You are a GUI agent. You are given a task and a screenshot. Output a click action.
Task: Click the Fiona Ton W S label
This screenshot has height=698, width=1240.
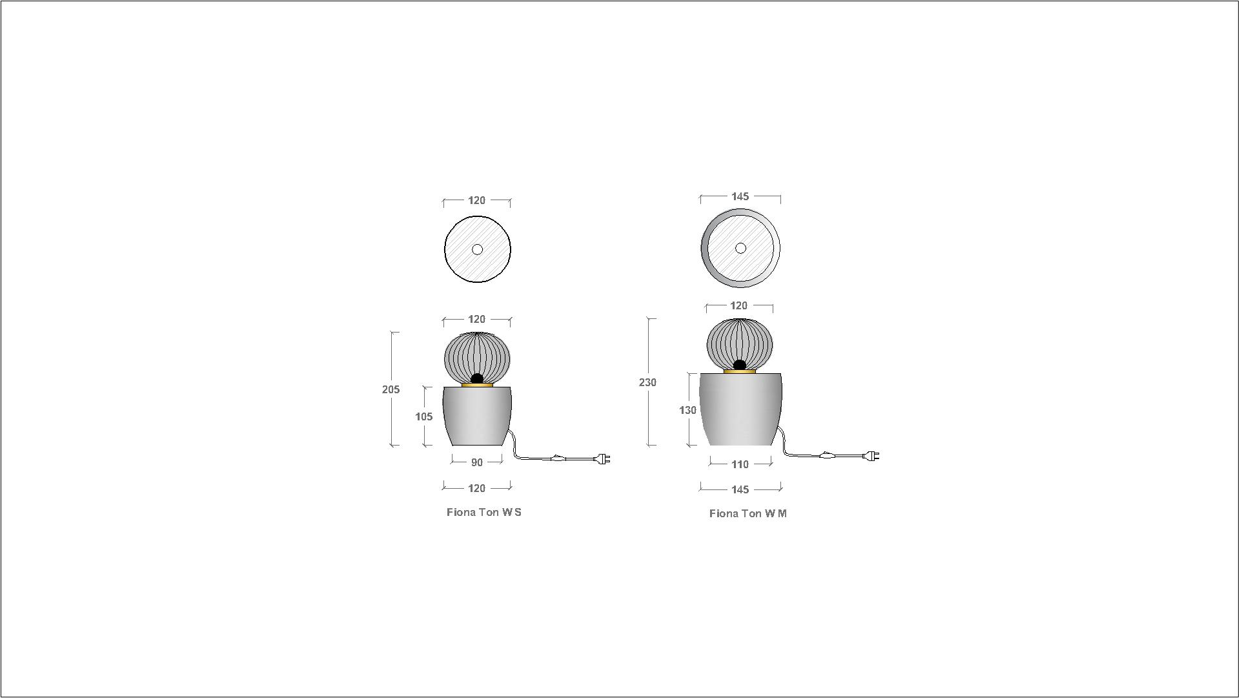coord(484,512)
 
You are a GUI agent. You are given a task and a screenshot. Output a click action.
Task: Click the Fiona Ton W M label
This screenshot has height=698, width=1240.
coord(748,513)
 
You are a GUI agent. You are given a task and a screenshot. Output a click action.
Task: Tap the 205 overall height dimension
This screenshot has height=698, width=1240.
coord(391,389)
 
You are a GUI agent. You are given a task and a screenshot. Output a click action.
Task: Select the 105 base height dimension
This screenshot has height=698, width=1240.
coord(423,416)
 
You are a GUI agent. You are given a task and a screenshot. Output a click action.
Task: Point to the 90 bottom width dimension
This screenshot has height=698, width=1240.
coord(476,462)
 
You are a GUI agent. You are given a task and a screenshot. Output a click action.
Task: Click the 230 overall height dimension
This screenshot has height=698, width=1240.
coord(647,382)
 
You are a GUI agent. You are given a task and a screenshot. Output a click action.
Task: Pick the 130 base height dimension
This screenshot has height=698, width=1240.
coord(687,410)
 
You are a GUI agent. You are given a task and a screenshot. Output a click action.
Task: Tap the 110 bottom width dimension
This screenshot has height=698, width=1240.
coord(740,464)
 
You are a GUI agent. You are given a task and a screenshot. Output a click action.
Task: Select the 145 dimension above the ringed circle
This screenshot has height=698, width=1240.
coord(740,196)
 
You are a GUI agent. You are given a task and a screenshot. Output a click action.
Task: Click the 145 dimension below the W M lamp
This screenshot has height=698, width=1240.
coord(740,489)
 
